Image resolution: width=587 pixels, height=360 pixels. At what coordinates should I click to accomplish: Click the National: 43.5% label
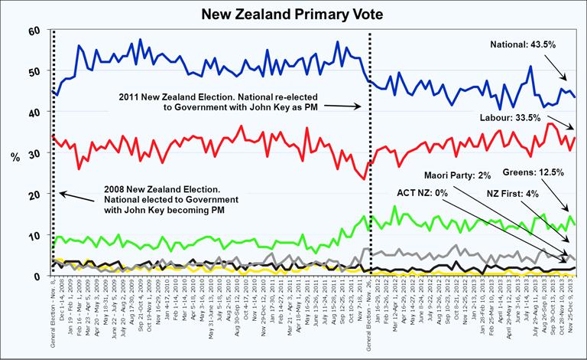point(523,45)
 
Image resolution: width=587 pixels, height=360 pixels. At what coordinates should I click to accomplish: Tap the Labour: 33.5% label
point(523,118)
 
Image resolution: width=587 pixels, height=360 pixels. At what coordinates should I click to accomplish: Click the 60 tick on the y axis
point(33,31)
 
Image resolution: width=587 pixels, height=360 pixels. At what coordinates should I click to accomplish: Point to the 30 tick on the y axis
point(33,154)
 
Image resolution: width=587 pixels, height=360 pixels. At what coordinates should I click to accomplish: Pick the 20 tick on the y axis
point(33,195)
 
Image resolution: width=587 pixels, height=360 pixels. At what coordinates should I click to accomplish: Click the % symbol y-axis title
point(16,156)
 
